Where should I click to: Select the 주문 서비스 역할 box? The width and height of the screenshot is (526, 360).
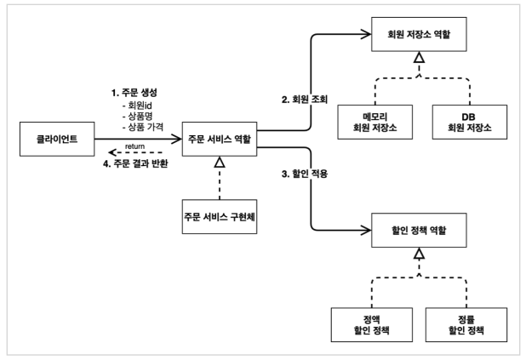point(220,139)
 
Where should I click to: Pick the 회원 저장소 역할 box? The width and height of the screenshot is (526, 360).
point(418,37)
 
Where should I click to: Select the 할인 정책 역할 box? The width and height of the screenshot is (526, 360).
point(418,230)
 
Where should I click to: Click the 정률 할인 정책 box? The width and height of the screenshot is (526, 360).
point(467,323)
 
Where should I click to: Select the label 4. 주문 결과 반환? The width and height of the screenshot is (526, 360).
point(135,163)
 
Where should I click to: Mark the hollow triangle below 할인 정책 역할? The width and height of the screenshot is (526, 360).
point(418,253)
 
